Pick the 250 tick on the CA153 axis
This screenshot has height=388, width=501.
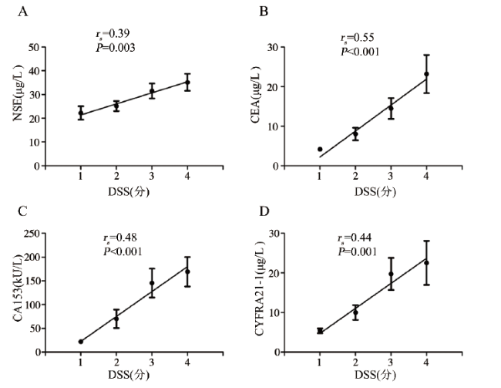tap(31, 234)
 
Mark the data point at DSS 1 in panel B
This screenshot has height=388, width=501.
tap(319, 149)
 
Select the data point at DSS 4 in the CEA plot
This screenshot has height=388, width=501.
tap(426, 74)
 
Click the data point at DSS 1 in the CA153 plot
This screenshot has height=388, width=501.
tap(81, 341)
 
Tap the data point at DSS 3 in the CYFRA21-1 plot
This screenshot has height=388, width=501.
tap(391, 274)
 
